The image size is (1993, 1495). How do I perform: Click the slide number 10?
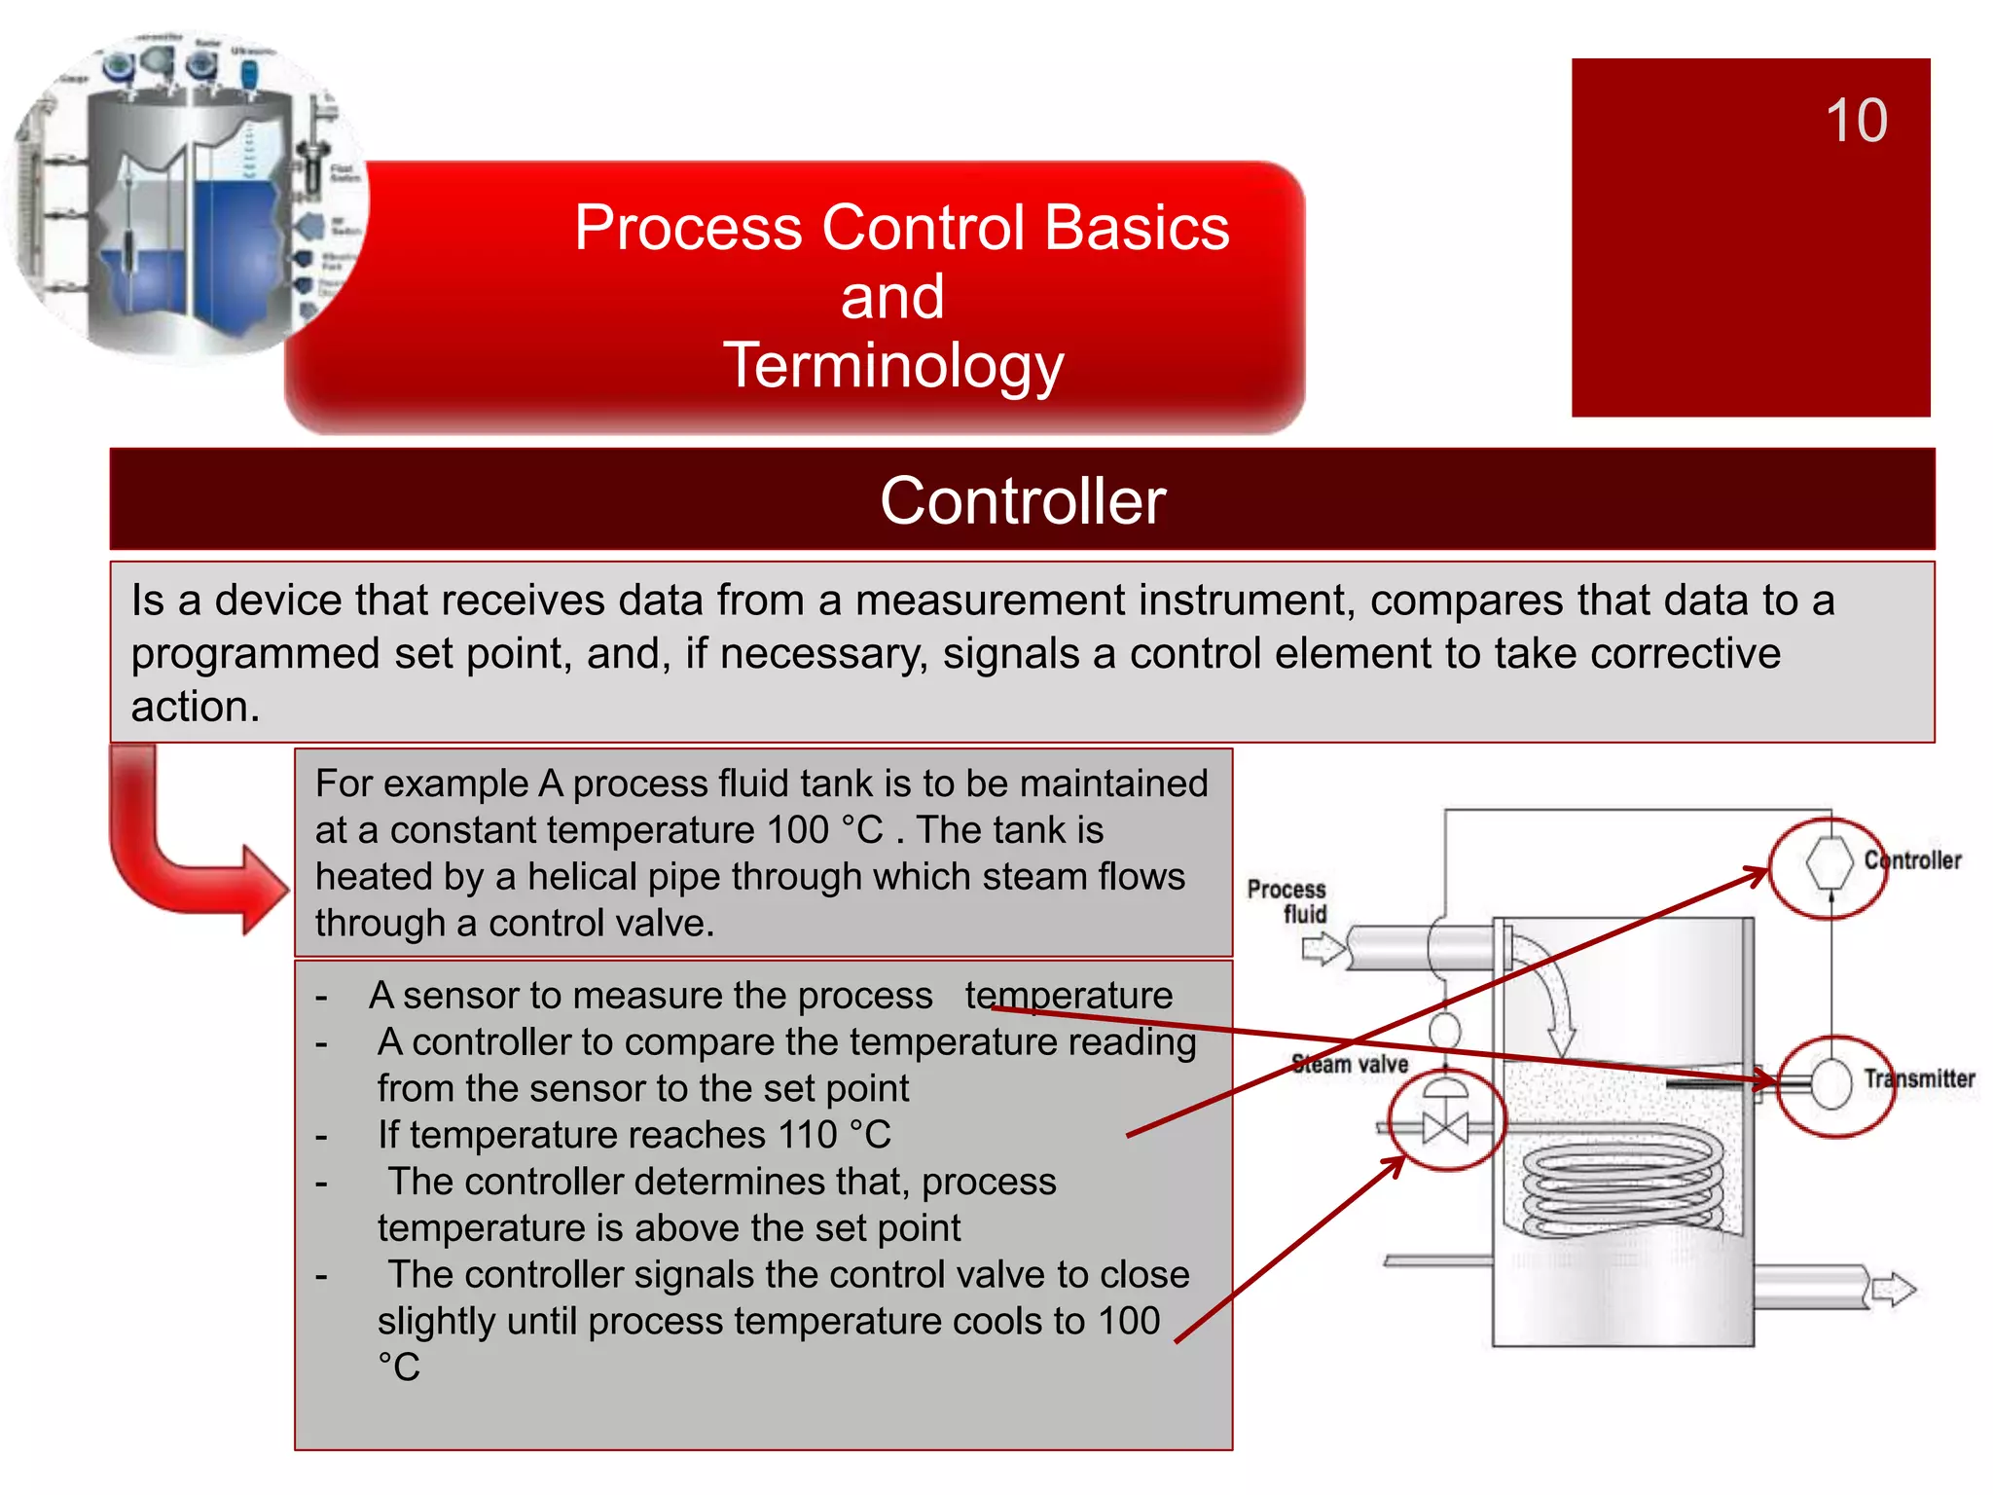(1856, 121)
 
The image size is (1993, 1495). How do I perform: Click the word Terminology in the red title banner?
(892, 366)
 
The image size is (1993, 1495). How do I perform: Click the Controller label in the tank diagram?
(1912, 860)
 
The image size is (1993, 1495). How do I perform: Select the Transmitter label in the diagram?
(1919, 1078)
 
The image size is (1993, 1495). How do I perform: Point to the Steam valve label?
(1350, 1064)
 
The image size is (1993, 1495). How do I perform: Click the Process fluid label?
(1287, 901)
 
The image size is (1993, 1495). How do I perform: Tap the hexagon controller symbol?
(1830, 862)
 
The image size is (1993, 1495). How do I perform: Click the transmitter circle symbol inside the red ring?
(1832, 1083)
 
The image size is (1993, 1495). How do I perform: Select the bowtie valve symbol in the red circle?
(1445, 1127)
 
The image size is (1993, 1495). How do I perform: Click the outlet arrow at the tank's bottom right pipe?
(1893, 1290)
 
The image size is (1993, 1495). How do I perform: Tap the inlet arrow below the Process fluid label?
(1323, 948)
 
